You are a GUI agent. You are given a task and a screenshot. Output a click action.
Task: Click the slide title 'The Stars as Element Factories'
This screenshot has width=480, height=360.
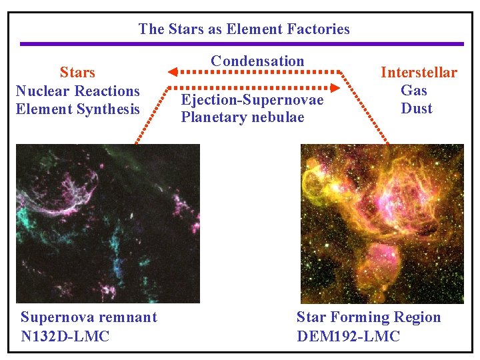pyautogui.click(x=244, y=29)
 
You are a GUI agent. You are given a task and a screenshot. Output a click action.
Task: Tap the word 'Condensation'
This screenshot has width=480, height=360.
pyautogui.click(x=257, y=61)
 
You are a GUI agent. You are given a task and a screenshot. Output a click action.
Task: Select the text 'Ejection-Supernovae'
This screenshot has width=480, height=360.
pyautogui.click(x=252, y=100)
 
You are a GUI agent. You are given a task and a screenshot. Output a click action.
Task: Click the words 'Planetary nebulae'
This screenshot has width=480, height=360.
pyautogui.click(x=242, y=117)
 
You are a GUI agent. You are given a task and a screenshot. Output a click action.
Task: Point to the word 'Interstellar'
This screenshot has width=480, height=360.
pyautogui.click(x=419, y=73)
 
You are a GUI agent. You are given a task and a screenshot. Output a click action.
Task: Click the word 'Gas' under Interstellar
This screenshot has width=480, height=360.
pyautogui.click(x=414, y=91)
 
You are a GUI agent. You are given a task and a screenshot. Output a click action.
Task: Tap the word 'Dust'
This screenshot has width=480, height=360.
pyautogui.click(x=417, y=109)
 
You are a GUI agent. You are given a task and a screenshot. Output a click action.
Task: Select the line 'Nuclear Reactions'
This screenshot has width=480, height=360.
pyautogui.click(x=78, y=91)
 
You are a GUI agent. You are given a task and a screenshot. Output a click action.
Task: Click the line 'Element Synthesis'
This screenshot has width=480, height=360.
pyautogui.click(x=78, y=109)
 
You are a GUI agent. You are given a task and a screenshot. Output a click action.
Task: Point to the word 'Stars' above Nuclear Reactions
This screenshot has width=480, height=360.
pyautogui.click(x=77, y=73)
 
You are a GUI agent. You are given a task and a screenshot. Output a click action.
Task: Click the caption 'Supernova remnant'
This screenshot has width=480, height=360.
pyautogui.click(x=89, y=317)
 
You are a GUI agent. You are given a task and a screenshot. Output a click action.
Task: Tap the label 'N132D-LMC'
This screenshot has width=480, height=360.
pyautogui.click(x=65, y=336)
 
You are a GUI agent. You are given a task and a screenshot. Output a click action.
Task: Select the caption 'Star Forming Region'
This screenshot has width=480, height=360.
pyautogui.click(x=369, y=317)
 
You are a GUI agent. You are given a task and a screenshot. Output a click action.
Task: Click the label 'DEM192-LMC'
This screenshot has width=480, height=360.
pyautogui.click(x=348, y=336)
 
